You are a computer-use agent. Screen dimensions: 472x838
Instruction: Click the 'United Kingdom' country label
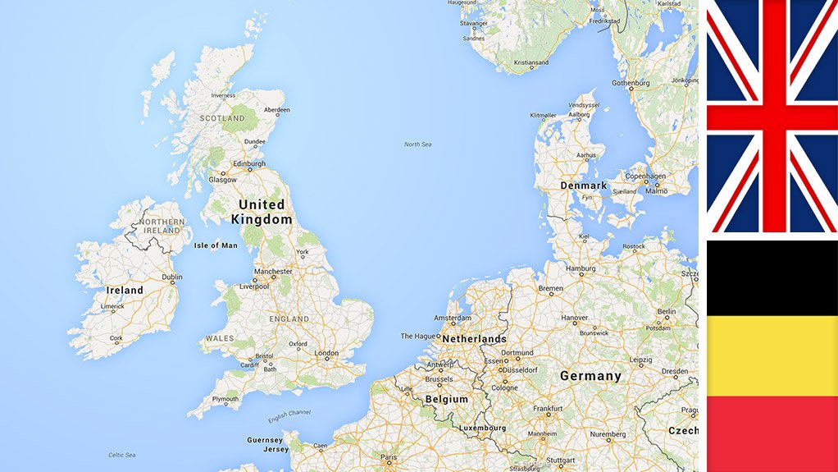(262, 212)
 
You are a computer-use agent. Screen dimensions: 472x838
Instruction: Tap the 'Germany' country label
(590, 376)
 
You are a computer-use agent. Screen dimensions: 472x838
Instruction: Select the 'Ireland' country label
(125, 290)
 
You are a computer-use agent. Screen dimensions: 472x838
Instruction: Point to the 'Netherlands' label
(476, 339)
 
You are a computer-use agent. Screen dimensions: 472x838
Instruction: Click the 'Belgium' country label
(446, 399)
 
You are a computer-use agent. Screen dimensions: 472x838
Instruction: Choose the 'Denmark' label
(583, 186)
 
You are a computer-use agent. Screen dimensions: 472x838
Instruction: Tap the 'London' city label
(326, 354)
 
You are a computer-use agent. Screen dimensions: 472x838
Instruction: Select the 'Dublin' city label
(172, 277)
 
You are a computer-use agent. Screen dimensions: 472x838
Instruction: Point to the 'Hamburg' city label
(579, 268)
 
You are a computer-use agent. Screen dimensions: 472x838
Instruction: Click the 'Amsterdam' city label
(453, 318)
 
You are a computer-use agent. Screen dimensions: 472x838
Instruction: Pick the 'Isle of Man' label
(216, 245)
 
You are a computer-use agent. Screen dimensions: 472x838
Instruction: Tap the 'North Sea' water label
(417, 144)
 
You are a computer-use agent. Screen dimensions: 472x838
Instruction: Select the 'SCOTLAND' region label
(222, 118)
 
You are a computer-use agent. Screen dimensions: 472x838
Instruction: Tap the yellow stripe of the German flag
(771, 355)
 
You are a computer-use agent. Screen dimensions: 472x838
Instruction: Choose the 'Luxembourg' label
(482, 428)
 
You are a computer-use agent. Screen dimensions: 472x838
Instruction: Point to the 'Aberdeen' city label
(276, 110)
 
